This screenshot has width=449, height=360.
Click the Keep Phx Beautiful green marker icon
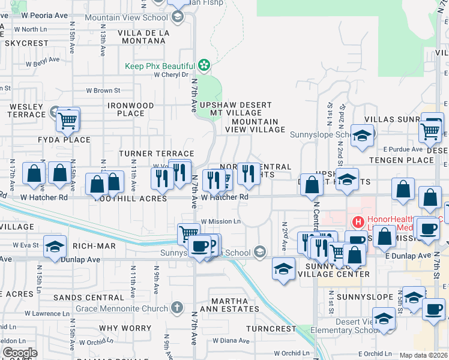click(204, 65)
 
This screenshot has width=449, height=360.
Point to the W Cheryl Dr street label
click(171, 75)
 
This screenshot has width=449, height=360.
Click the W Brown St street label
click(103, 91)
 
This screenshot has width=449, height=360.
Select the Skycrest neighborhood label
click(25, 44)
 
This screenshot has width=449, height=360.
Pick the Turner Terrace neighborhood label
click(156, 154)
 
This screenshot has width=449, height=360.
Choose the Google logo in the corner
click(20, 353)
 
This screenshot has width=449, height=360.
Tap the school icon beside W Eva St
click(55, 247)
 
